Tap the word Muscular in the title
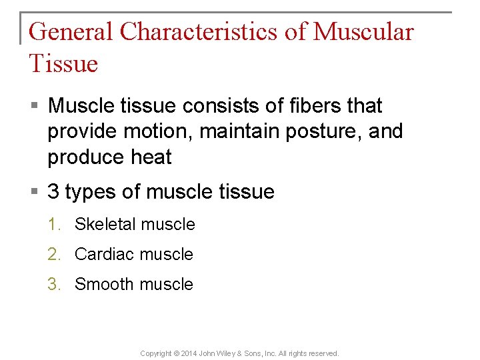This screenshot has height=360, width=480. coord(363,32)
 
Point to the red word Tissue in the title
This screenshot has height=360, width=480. coord(63,64)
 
